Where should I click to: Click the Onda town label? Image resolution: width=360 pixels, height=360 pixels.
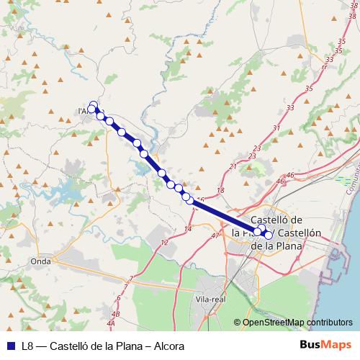point(40,261)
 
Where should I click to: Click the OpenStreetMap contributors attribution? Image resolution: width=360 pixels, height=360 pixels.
point(297,322)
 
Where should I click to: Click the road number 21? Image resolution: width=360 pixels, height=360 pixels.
point(233,167)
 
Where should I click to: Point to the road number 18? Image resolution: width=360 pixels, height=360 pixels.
point(220,189)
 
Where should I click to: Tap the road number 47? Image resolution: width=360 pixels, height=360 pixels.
point(215,235)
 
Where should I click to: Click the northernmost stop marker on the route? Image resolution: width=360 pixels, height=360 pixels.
point(93,104)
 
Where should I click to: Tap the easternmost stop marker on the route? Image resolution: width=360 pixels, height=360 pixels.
point(269,235)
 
